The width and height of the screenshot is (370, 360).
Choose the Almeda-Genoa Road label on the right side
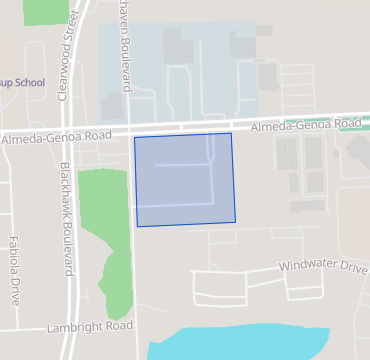pyautogui.click(x=305, y=125)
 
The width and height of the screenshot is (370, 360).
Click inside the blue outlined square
pyautogui.click(x=185, y=180)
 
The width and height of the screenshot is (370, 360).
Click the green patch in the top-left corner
pyautogui.click(x=43, y=10)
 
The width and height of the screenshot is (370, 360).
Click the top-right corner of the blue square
pyautogui.click(x=232, y=133)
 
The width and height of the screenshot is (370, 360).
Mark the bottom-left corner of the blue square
pyautogui.click(x=137, y=226)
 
